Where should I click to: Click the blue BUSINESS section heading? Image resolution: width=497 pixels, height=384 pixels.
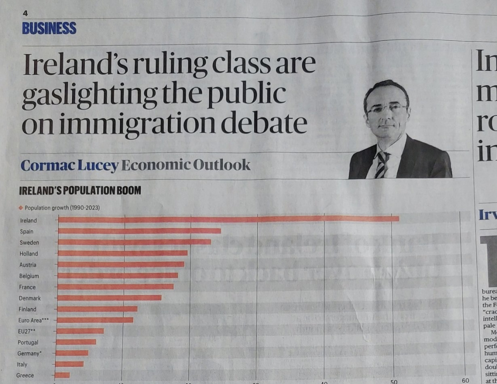(x=49, y=28)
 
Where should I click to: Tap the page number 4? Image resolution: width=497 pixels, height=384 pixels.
(x=25, y=13)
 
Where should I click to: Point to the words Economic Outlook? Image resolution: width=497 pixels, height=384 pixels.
(x=186, y=165)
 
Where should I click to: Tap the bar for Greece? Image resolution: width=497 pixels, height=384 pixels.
(x=62, y=375)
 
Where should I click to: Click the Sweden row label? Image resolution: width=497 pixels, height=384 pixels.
(x=29, y=242)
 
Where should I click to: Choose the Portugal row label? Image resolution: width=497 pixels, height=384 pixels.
(x=28, y=342)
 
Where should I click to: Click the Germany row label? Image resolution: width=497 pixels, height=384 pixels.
(x=29, y=353)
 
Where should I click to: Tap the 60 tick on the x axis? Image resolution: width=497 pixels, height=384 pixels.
(x=465, y=380)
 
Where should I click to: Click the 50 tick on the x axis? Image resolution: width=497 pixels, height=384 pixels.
(x=393, y=381)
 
